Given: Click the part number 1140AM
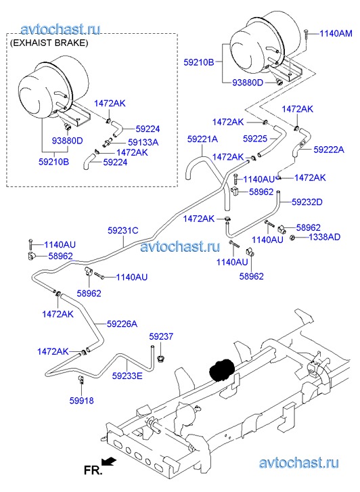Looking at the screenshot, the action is click(336, 33).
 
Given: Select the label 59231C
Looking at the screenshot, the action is click(122, 231).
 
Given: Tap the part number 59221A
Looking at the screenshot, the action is click(202, 139).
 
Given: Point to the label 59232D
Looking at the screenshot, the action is click(307, 202).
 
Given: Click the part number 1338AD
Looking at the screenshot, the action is click(325, 237).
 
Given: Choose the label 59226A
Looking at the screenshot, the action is click(122, 323).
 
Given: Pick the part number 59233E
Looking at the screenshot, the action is click(127, 376).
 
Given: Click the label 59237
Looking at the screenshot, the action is click(161, 336).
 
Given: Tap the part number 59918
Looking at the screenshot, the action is click(82, 401).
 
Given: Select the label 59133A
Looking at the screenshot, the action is click(143, 142).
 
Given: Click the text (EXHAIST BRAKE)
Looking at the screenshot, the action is click(49, 43).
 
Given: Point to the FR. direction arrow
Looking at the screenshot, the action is click(109, 461).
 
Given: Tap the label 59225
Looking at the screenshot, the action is click(255, 138).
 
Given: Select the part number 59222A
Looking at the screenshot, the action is click(329, 150).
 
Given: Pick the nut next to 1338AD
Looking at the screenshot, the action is click(292, 238).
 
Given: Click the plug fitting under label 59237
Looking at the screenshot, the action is click(161, 359).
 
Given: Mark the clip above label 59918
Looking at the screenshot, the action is click(81, 380).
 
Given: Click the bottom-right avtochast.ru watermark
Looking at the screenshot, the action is click(299, 462).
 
